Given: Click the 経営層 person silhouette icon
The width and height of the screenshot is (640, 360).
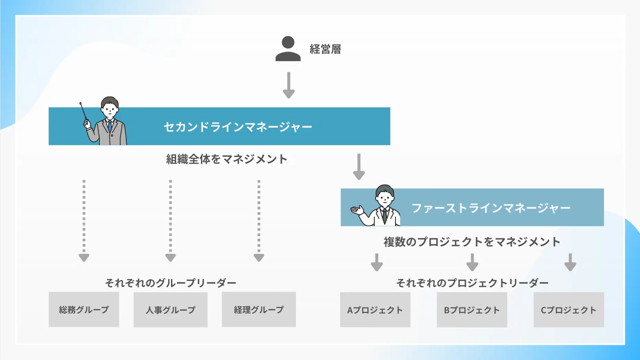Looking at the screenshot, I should tap(288, 49).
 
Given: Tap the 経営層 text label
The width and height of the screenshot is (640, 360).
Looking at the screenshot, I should tap(325, 49).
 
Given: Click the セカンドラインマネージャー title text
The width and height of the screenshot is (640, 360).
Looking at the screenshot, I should tap(238, 127).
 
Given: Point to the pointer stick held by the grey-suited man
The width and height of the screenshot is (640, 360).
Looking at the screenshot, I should tap(83, 111).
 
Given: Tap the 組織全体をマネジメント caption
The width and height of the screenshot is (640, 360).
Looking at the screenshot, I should tap(227, 159).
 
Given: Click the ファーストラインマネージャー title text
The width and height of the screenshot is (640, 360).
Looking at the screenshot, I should tap(491, 208).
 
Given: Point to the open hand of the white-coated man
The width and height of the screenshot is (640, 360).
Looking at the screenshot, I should tap(357, 210).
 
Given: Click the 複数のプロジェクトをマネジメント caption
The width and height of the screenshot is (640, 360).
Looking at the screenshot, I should tap(472, 242).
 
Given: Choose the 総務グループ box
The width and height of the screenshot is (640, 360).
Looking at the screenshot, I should tap(84, 310).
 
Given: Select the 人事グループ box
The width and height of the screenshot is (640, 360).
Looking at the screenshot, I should tap(170, 310).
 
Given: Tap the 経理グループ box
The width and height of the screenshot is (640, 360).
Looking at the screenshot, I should tap(259, 310).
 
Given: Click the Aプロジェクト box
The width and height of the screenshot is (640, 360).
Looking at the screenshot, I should tap(375, 310).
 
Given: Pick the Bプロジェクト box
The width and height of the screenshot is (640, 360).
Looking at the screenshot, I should tap(472, 310).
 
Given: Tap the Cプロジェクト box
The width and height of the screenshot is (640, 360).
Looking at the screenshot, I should tap(569, 310).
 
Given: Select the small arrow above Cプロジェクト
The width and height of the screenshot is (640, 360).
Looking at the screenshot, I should tap(570, 262).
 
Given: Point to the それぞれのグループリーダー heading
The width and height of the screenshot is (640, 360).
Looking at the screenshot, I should tap(171, 283).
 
